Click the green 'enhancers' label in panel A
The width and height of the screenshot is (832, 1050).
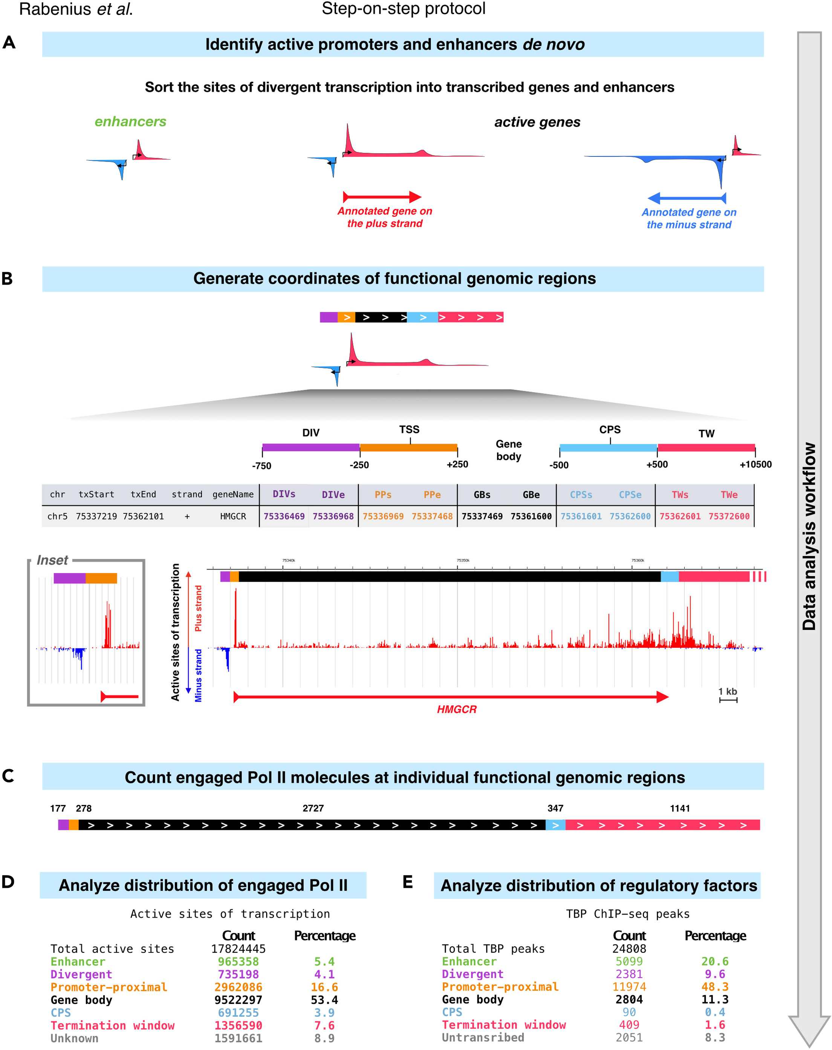tap(130, 121)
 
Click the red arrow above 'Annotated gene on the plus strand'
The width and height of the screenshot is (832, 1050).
tap(382, 197)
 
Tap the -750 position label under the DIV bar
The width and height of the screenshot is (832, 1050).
tap(262, 466)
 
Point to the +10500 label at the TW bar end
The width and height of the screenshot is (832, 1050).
tap(755, 464)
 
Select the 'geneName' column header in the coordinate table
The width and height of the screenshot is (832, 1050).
tap(233, 494)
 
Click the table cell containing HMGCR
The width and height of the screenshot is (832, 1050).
tap(233, 516)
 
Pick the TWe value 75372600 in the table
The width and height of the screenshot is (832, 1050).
tap(728, 516)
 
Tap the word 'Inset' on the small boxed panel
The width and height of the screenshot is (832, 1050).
tap(52, 560)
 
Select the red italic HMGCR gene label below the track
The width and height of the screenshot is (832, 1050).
tap(456, 709)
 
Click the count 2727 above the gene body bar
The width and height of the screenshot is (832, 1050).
tap(313, 808)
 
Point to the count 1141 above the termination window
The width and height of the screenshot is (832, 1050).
tap(680, 808)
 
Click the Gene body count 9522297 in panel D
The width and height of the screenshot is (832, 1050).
tap(238, 1000)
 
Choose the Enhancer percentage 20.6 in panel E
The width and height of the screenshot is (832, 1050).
tap(714, 961)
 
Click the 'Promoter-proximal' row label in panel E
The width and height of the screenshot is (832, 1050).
tap(500, 987)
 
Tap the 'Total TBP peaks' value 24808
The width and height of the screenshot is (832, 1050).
tap(629, 949)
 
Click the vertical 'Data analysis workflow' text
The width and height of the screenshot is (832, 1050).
tap(809, 536)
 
